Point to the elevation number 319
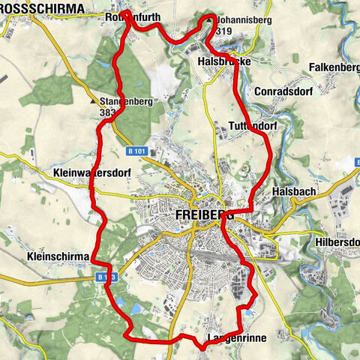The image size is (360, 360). coord(222,32)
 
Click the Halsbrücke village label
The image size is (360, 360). coord(224,61)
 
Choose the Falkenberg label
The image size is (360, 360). coord(334,67)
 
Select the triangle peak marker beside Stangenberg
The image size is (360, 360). coord(94,99)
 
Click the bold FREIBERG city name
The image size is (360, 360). coord(204,214)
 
